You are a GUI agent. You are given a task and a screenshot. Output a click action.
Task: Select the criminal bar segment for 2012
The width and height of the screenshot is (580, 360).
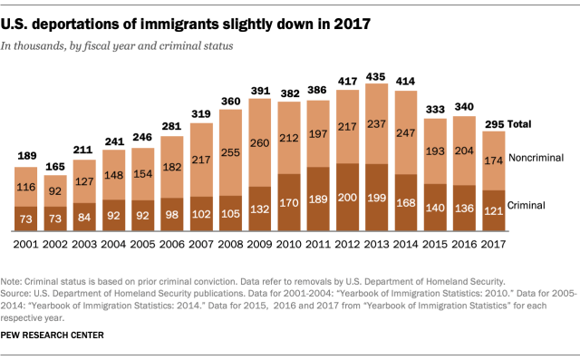click(348, 198)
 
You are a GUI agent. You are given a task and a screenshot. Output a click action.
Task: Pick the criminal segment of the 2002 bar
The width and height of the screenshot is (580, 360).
click(55, 219)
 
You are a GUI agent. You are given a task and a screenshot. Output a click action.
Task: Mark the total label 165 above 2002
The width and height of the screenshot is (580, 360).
click(55, 167)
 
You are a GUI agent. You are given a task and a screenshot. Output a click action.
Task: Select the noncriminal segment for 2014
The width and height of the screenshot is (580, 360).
click(406, 132)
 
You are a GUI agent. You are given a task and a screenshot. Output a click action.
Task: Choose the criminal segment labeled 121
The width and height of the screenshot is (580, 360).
click(494, 211)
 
